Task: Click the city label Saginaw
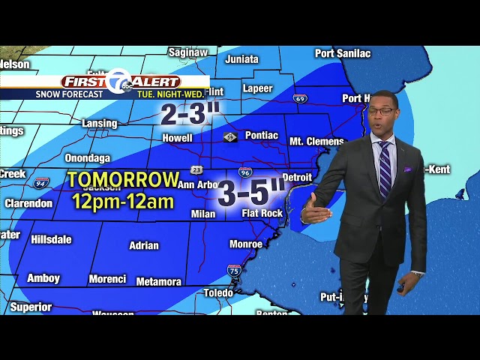click(x=187, y=52)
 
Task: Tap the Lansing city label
click(x=100, y=123)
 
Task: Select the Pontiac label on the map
click(x=262, y=136)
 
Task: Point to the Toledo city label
click(x=218, y=292)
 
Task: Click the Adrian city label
click(x=144, y=245)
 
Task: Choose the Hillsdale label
click(x=52, y=239)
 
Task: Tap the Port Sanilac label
click(x=343, y=53)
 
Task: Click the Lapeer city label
click(x=258, y=88)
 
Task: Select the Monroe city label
click(x=246, y=244)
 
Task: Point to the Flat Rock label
click(x=262, y=213)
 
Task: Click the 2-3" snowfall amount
click(x=190, y=113)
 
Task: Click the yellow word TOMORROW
click(x=123, y=180)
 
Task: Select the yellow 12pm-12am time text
click(x=123, y=201)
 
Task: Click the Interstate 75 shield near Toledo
click(x=234, y=271)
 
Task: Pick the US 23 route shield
click(x=196, y=169)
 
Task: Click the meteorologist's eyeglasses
click(x=381, y=112)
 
